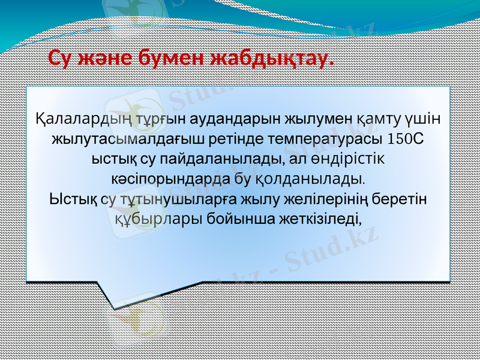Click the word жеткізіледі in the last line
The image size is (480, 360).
click(323, 218)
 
